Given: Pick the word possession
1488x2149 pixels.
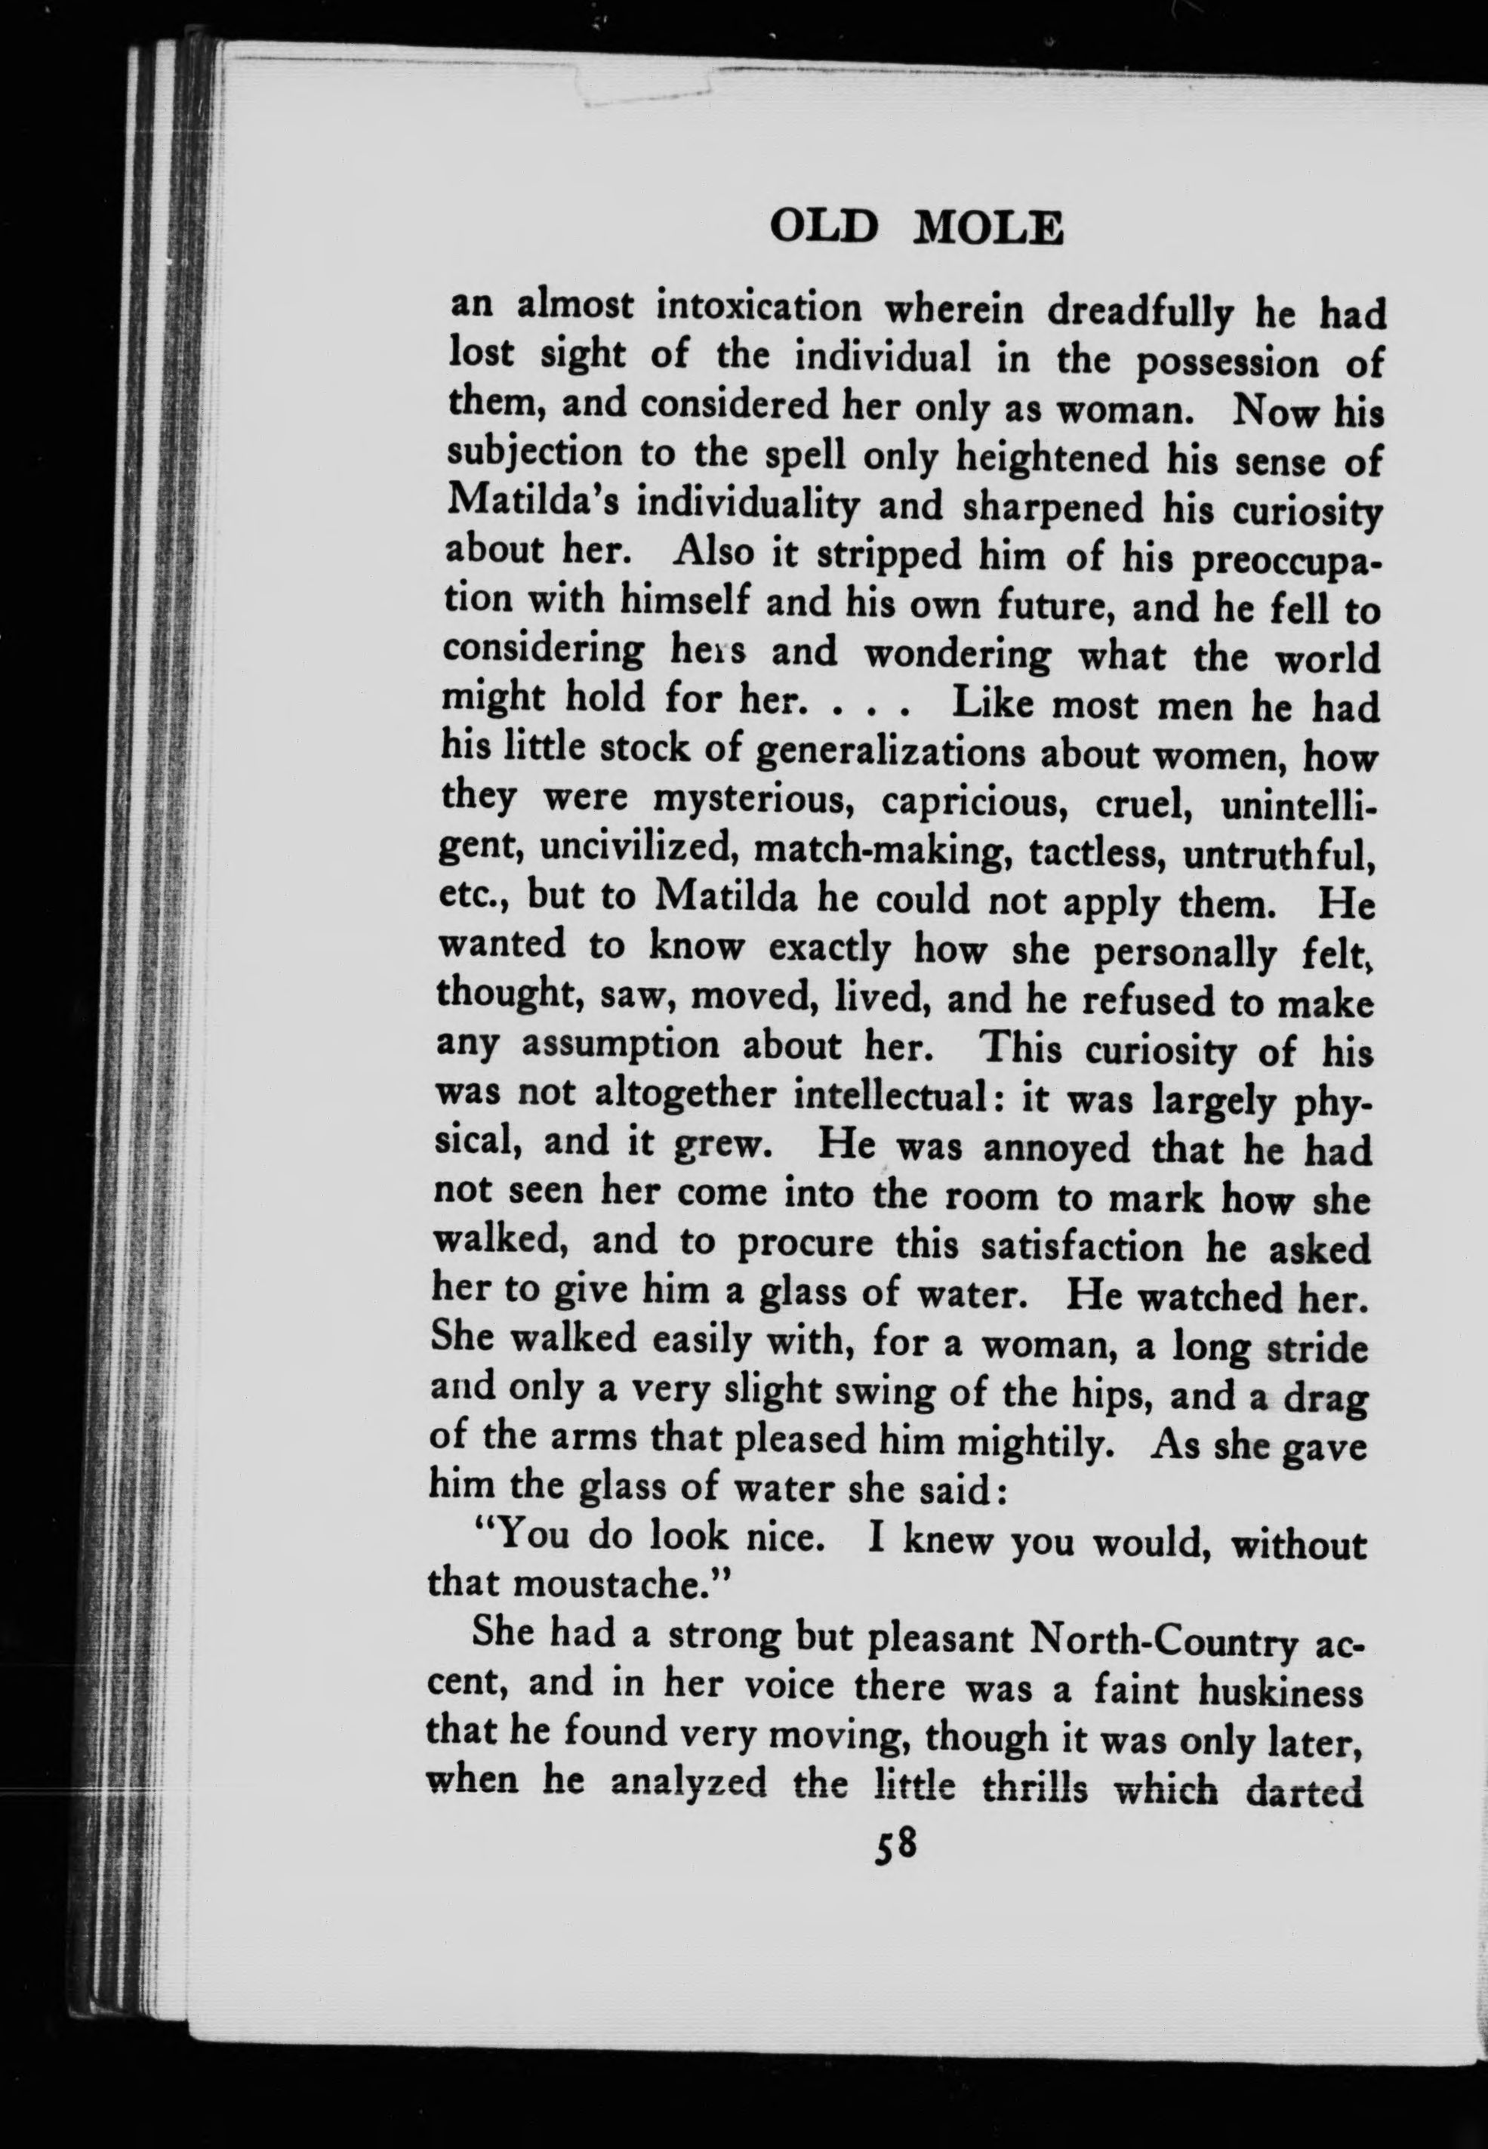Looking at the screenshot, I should tap(1227, 362).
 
